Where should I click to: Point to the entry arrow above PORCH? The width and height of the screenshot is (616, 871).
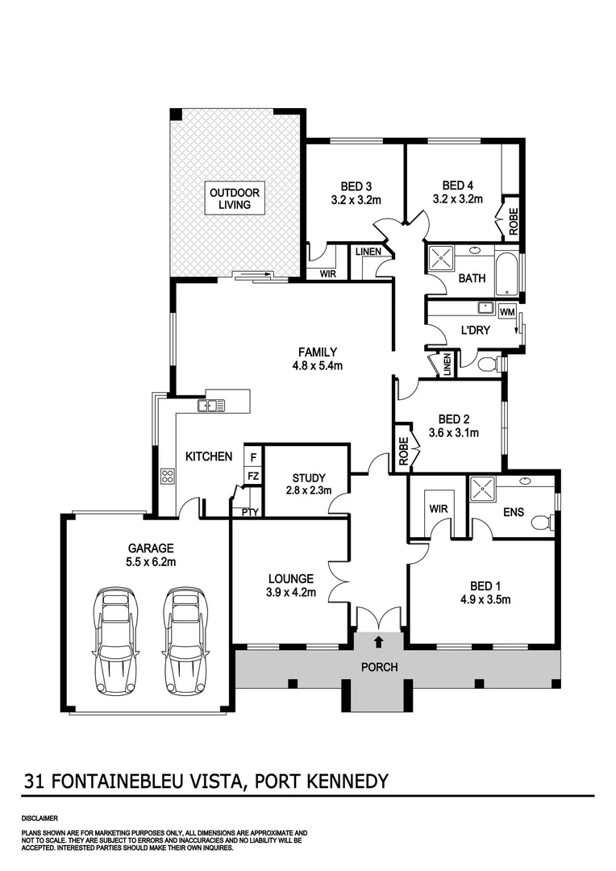(379, 643)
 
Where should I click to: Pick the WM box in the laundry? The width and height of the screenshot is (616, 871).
(507, 311)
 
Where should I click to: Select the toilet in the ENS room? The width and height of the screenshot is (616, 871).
(542, 523)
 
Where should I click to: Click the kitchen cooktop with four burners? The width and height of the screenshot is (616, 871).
(168, 476)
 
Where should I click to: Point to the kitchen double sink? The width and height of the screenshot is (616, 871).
(214, 405)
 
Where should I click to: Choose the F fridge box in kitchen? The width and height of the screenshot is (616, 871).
(252, 457)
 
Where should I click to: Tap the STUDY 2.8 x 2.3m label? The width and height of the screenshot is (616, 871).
(306, 482)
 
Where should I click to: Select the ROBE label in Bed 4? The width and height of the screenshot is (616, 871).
(513, 221)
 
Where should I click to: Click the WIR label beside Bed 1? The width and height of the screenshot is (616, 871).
(439, 508)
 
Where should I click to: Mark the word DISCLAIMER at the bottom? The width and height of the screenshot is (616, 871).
(40, 818)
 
